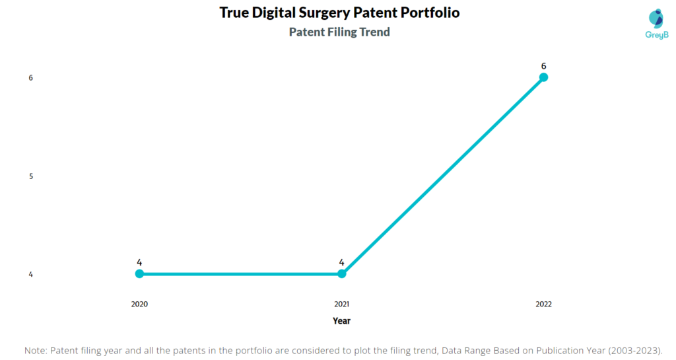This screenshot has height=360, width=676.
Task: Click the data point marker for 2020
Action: (x=139, y=273)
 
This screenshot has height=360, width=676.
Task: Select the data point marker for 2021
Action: (x=341, y=273)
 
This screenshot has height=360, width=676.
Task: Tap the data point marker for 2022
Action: (x=543, y=77)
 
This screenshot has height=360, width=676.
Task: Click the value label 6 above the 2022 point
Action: (x=543, y=65)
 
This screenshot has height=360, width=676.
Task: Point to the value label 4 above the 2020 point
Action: (x=139, y=262)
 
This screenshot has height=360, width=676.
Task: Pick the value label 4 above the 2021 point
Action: (x=341, y=262)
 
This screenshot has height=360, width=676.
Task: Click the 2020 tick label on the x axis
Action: (x=139, y=305)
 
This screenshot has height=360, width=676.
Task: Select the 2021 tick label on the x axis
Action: (x=341, y=305)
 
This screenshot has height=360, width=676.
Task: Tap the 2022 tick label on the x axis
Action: (x=543, y=305)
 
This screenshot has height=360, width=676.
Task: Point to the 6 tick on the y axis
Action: (x=30, y=78)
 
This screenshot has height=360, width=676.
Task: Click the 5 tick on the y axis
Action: (x=30, y=176)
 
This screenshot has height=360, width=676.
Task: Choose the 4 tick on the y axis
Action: (x=30, y=274)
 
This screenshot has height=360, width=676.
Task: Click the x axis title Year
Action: (x=341, y=321)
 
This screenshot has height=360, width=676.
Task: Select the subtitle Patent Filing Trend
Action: (x=339, y=32)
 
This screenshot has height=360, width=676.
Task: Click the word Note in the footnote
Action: (x=36, y=350)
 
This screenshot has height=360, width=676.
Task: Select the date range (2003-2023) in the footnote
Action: (x=630, y=350)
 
